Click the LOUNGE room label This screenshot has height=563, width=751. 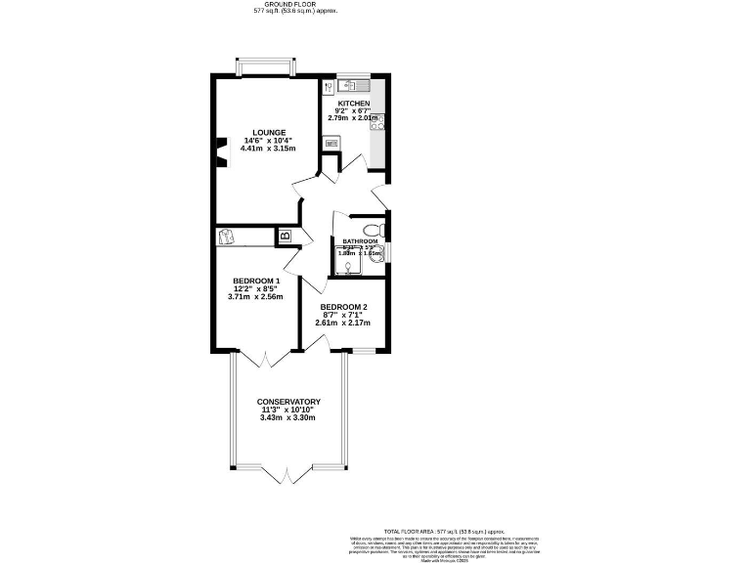268,132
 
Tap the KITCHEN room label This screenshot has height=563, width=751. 353,103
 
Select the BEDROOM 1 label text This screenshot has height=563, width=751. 256,281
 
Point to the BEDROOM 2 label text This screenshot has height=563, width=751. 343,306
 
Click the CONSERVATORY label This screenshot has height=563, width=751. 288,402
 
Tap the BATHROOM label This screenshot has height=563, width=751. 359,241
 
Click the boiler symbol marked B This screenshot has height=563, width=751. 285,236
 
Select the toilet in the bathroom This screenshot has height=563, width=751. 381,231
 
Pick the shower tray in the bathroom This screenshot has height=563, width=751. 346,259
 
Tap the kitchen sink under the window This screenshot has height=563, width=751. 354,84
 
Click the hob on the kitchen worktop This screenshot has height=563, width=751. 377,122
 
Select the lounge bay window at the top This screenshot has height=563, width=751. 264,66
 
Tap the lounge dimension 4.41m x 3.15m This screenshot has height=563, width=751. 267,149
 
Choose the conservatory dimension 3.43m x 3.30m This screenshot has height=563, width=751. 288,418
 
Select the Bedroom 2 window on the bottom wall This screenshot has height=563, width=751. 364,350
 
